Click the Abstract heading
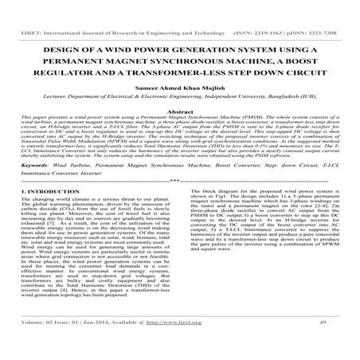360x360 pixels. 179,112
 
